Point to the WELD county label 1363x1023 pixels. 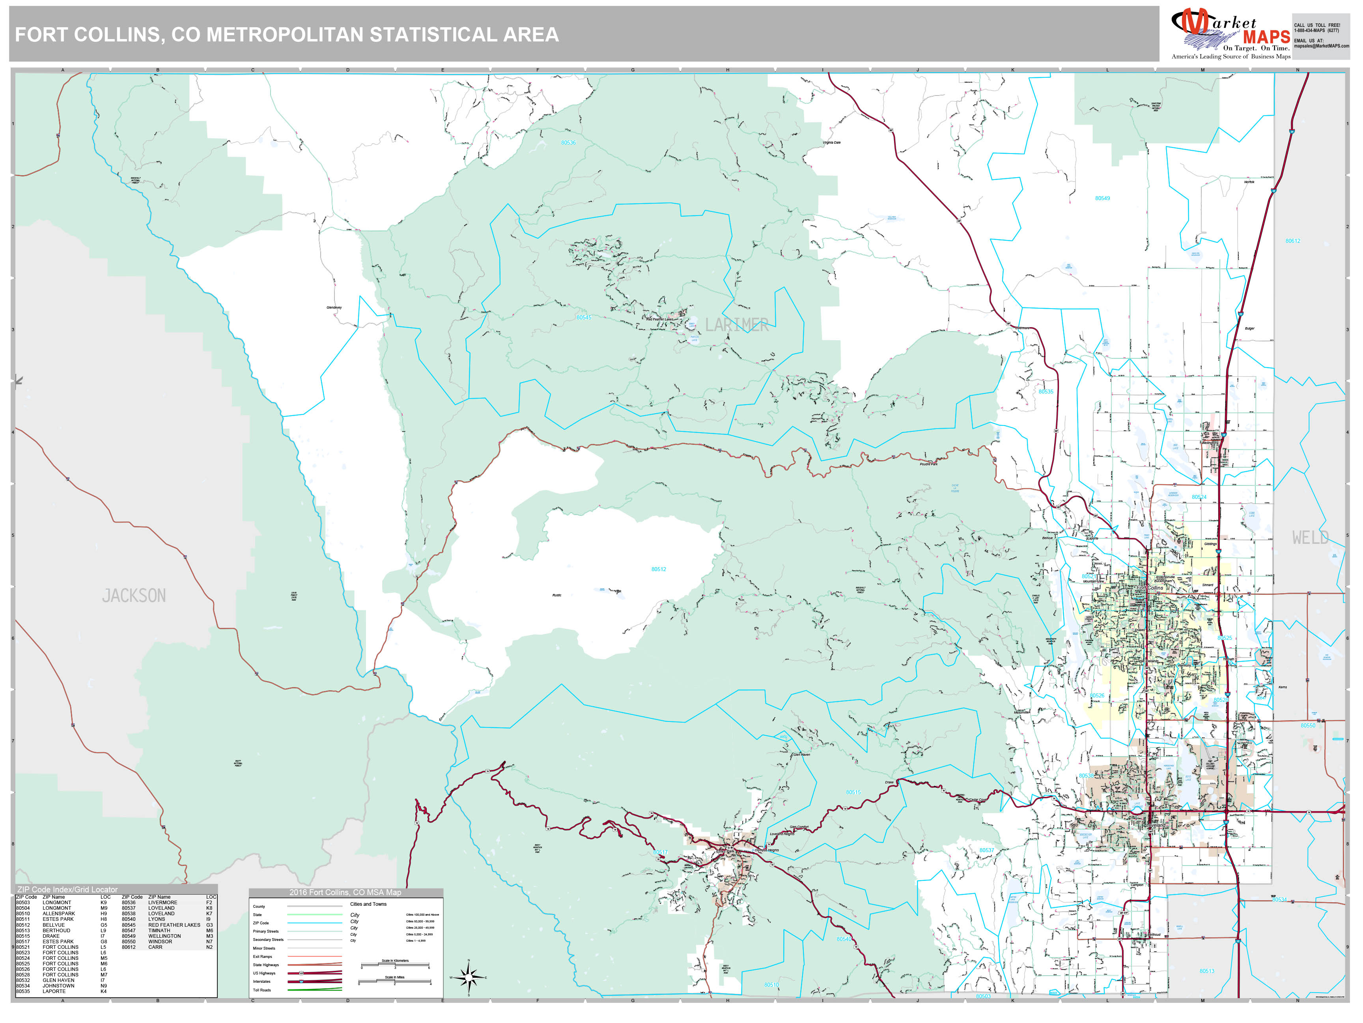click(1310, 538)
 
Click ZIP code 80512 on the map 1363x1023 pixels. click(658, 569)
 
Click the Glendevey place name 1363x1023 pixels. click(334, 307)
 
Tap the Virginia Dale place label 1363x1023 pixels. click(831, 142)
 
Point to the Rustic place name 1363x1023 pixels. click(556, 595)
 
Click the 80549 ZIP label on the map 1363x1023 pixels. click(1102, 199)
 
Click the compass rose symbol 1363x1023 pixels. click(469, 977)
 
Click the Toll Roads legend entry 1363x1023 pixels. click(262, 990)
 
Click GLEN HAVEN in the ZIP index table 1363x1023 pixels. click(58, 980)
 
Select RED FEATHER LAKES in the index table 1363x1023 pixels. click(174, 925)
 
